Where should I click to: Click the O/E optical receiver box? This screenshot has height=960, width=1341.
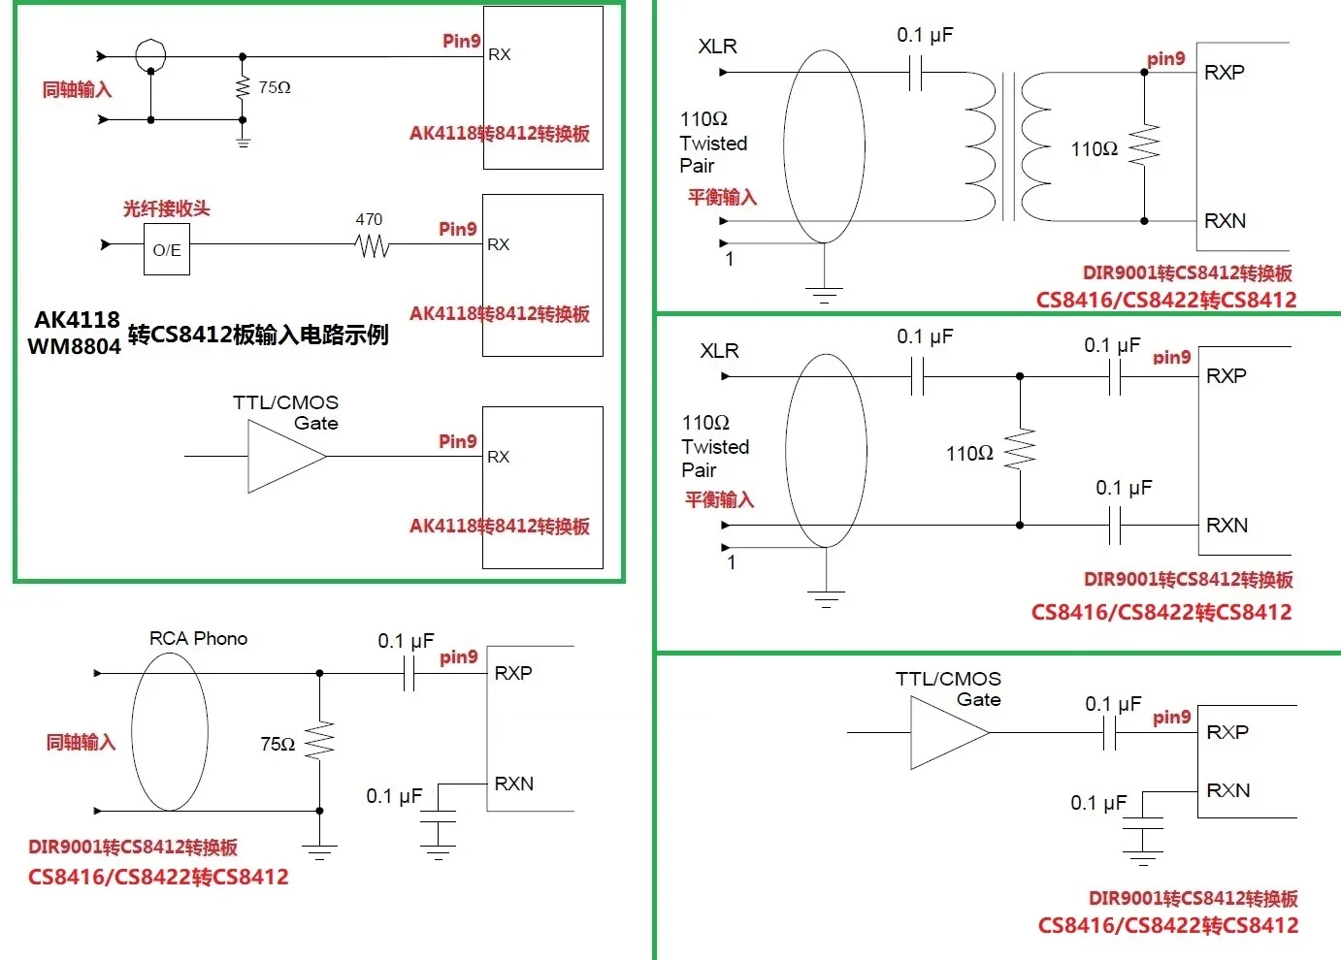[167, 249]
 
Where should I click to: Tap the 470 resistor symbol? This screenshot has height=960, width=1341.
[373, 247]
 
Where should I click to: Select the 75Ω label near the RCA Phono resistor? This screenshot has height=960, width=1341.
[278, 744]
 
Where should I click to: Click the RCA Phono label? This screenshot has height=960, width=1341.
[198, 638]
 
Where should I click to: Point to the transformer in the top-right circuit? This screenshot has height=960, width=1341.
[1009, 146]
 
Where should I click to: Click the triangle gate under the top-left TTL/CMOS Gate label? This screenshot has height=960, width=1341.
[285, 456]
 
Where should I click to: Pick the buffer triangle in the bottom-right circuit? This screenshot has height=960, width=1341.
[948, 733]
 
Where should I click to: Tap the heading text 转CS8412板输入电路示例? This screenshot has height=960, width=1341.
[258, 335]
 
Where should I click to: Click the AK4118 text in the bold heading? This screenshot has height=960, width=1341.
[78, 320]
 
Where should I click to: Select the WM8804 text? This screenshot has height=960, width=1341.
[74, 346]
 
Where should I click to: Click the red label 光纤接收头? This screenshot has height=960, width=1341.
[166, 208]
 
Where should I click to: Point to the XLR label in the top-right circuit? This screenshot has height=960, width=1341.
[717, 47]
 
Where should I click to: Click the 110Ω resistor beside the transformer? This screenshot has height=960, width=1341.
[1145, 146]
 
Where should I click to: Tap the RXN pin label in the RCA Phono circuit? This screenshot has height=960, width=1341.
[513, 784]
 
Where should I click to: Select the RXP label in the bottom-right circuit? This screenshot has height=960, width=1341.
[1227, 732]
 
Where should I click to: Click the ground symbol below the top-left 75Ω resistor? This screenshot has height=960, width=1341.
[243, 142]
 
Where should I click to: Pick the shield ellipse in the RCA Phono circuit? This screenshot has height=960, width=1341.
[170, 731]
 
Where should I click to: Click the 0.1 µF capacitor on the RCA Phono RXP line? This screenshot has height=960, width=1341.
[409, 673]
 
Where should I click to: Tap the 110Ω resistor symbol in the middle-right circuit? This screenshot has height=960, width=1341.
[1020, 451]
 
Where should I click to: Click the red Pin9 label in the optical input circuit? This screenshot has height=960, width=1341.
[458, 229]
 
